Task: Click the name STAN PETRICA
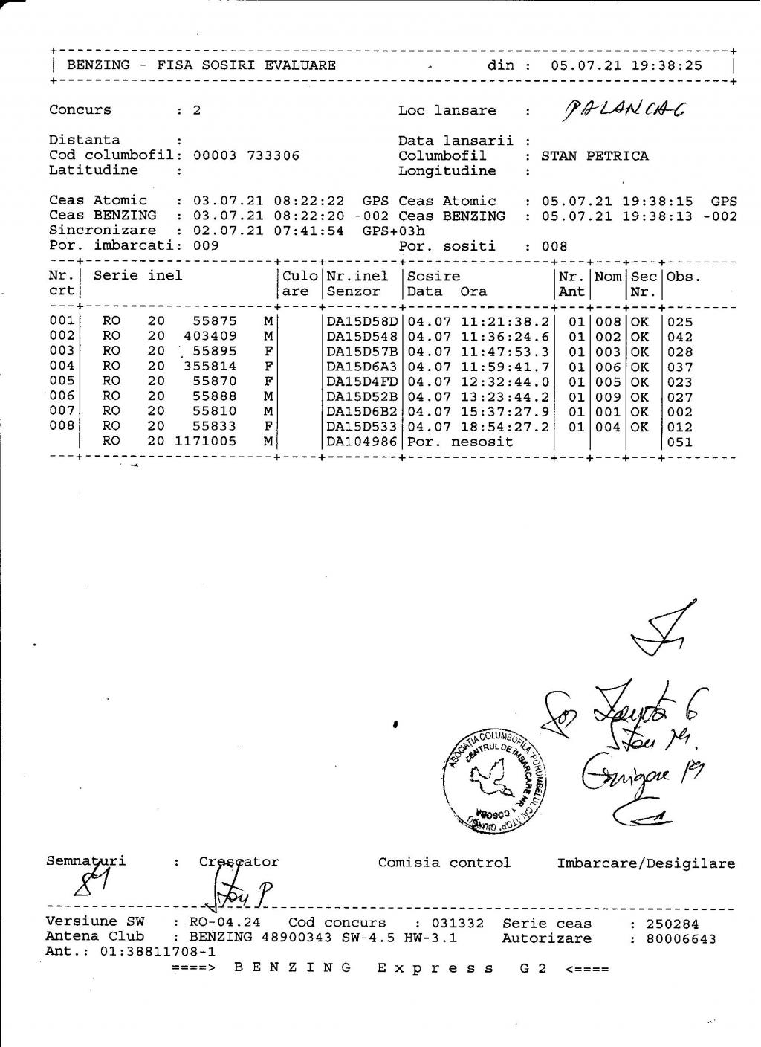[595, 155]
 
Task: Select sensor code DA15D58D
[363, 321]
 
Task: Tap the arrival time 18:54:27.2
[505, 427]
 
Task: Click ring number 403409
[210, 336]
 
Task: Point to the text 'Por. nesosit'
[460, 442]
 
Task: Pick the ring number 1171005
[206, 442]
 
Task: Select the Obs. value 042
[680, 337]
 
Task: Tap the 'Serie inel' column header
[137, 276]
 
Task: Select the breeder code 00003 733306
[246, 155]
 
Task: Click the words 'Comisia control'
[444, 863]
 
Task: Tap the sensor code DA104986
[363, 442]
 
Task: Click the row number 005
[62, 381]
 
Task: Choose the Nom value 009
[607, 396]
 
